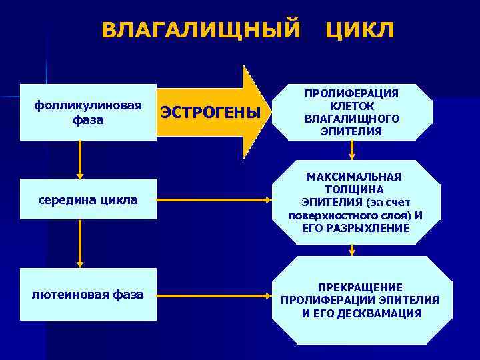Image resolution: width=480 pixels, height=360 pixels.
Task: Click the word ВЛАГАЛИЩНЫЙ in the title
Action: [x=200, y=30]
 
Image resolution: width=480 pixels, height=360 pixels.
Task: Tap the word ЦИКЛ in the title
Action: [x=360, y=30]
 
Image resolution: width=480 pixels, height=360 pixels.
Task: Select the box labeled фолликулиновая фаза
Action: [x=88, y=113]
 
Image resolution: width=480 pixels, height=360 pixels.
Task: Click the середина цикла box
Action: [x=88, y=199]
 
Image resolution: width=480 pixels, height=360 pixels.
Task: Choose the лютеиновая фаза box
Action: [x=88, y=294]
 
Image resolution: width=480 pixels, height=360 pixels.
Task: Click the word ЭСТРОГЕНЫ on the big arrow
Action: [x=211, y=113]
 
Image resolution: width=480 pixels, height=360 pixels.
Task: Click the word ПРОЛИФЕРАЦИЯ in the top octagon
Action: [x=352, y=94]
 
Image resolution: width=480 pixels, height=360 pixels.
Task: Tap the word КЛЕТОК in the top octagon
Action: [x=352, y=106]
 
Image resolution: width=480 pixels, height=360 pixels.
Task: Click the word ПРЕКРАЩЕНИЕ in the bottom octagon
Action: [x=360, y=287]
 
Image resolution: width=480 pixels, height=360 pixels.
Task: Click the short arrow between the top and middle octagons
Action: [x=352, y=151]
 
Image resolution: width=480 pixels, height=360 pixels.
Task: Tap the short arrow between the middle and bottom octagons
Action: [x=352, y=250]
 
